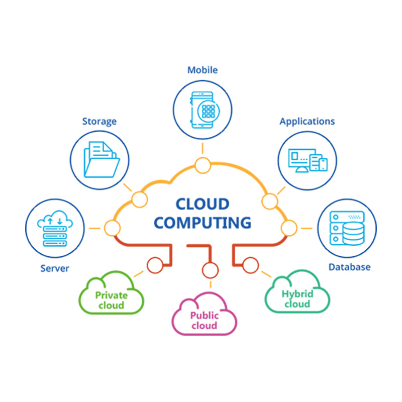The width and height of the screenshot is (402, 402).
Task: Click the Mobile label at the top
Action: click(x=203, y=70)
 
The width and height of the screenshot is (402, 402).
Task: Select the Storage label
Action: click(x=99, y=121)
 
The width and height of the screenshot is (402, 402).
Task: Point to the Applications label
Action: click(x=307, y=121)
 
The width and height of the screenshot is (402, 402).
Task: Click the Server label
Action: click(x=55, y=268)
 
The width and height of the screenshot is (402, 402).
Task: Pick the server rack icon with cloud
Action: click(x=55, y=229)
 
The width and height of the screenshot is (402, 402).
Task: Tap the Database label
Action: click(x=349, y=267)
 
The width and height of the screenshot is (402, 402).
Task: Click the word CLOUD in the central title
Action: click(x=203, y=204)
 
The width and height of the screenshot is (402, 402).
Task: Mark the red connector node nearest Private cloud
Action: click(x=154, y=263)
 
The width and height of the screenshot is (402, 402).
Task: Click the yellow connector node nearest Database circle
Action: click(x=288, y=228)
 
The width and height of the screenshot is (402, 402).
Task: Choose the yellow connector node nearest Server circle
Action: click(x=112, y=228)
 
